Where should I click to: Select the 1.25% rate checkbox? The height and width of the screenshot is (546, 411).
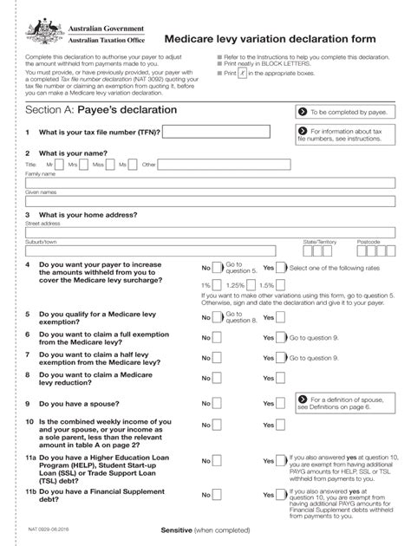point(252,284)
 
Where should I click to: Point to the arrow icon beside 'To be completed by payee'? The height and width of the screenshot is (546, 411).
point(302,112)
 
